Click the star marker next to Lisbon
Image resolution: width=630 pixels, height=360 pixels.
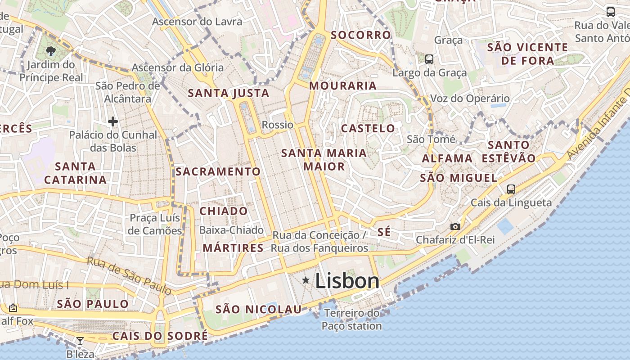coord(306,281)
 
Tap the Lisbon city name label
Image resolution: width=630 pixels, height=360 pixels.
coord(347,281)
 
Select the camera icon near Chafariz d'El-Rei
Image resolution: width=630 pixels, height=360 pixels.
coord(455,226)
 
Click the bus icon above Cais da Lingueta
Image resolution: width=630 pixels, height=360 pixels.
coord(511,189)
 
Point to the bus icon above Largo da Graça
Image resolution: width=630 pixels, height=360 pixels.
coord(429,59)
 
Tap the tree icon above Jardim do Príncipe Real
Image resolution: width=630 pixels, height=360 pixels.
coord(51,51)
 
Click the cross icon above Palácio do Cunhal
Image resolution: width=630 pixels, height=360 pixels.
coord(113,121)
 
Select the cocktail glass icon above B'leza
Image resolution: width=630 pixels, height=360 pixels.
coord(80,341)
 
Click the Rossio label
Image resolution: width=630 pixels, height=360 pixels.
coord(277,125)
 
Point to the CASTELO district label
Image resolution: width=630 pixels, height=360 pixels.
coord(368,128)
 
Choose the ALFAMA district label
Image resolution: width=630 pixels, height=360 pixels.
coord(447,158)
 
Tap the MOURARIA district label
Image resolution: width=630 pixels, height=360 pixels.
coord(343,85)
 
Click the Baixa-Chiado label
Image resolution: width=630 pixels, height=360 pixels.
coord(231,230)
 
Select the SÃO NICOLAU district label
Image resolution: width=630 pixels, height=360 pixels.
coord(258,310)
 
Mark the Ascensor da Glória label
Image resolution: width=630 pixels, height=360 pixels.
coord(177,68)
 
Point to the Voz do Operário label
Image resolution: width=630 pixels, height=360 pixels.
coord(470,99)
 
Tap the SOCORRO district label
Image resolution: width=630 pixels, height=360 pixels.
coord(361,35)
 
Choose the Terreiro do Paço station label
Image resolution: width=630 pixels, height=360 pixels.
coord(352,319)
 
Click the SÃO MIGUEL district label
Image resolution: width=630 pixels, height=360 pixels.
coord(459,178)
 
